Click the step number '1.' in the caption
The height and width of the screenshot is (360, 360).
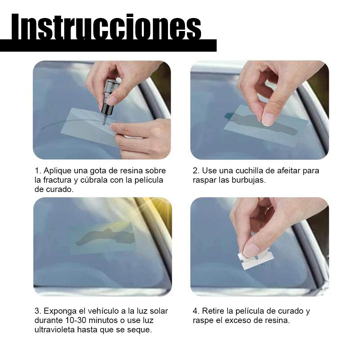coord(38,171)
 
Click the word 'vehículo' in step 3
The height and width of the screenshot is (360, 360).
coord(100,311)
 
